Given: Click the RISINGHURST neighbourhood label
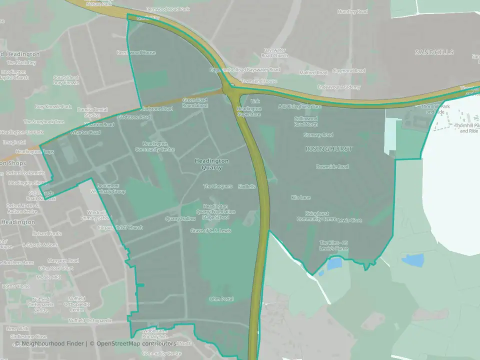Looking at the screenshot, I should pos(329,149).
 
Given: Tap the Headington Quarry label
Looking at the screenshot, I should pos(211,164).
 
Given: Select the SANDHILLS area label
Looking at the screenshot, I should pos(434,52).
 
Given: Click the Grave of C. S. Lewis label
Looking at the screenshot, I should pos(210,231).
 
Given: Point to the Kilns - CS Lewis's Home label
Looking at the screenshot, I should pos(334,245).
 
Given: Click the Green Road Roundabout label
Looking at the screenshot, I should pos(194,103).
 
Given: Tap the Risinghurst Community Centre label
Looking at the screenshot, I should pos(317,216).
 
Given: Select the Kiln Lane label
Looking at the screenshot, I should pos(301,198).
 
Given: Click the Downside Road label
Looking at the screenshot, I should pos(332,167).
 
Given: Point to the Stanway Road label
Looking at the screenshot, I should pos(318,135).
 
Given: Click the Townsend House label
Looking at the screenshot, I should pos(258,81).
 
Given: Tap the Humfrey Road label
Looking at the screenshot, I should pos(352,11).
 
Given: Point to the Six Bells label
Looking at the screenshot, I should pos(246,186).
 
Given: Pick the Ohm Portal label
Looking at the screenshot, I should pos(221,299).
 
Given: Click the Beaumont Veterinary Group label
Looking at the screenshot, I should pos(107,188).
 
